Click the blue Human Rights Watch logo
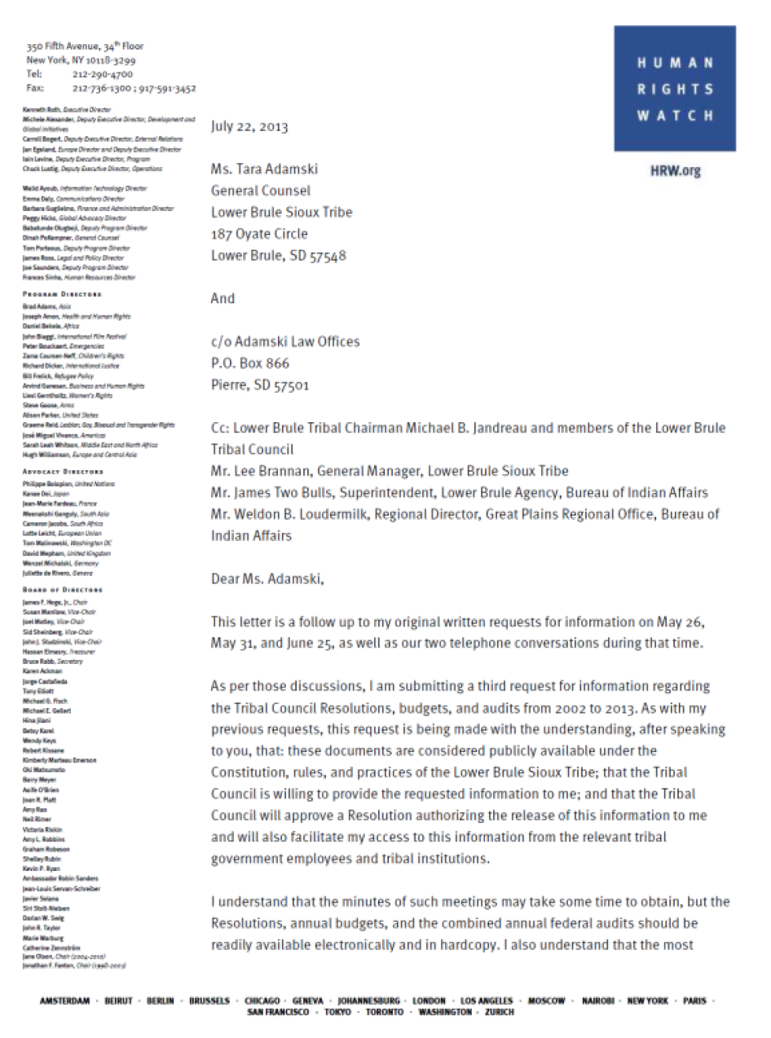(x=674, y=89)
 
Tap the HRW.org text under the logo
(x=674, y=171)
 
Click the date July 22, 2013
(x=249, y=126)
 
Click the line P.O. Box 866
(x=249, y=363)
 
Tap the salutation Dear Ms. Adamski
(x=267, y=579)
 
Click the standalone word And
(x=222, y=298)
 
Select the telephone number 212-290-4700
(x=103, y=74)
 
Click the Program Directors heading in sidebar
(x=63, y=295)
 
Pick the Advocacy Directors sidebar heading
(x=64, y=472)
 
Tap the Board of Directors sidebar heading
(x=64, y=590)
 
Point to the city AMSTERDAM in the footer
(x=69, y=1001)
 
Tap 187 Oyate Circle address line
(x=259, y=234)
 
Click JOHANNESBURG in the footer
(x=368, y=1001)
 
